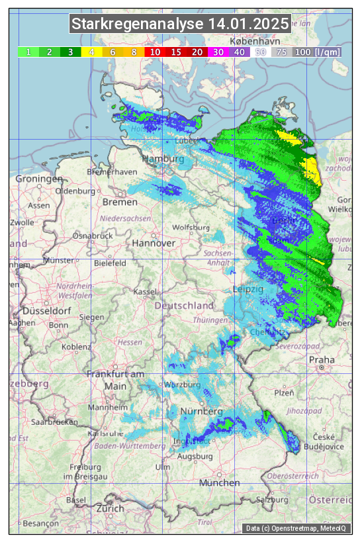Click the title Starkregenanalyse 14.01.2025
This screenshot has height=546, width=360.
[x=180, y=24]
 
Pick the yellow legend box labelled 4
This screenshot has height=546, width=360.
[x=91, y=52]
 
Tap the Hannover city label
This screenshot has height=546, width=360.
[x=154, y=243]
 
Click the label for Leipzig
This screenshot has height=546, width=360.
[x=248, y=290]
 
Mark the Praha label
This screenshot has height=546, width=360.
[x=322, y=360]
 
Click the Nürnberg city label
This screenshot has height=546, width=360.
[x=202, y=412]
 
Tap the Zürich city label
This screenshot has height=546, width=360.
[x=110, y=508]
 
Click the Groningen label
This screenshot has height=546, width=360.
[x=39, y=179]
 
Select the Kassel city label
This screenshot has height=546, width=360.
[x=144, y=291]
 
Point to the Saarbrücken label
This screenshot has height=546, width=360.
[x=56, y=421]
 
